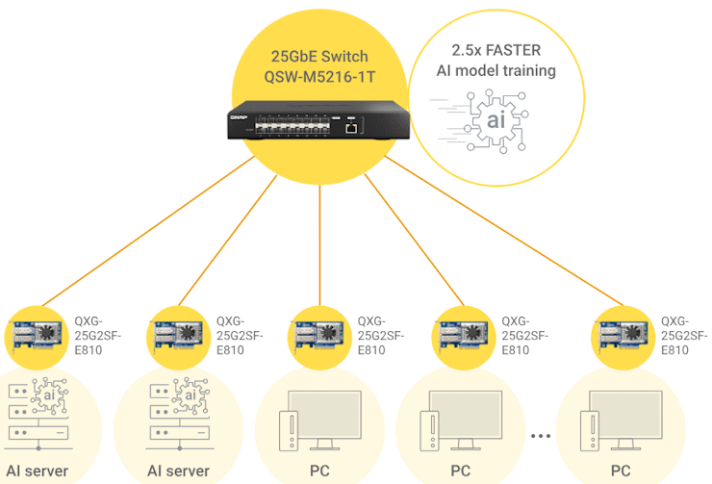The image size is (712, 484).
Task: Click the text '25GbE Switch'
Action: (319, 57)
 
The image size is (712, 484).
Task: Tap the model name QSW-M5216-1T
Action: (319, 77)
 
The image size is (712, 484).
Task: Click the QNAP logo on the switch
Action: (239, 117)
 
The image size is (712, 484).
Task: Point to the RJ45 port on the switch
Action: (351, 128)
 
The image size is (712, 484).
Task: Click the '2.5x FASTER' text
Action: (496, 50)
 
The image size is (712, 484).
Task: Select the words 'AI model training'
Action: (496, 70)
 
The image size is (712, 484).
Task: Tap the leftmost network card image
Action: (37, 335)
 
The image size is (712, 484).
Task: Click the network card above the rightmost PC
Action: (623, 335)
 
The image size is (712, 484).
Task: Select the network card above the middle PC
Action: (319, 335)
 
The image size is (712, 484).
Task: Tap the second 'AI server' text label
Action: (178, 471)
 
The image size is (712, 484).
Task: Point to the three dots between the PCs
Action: (541, 436)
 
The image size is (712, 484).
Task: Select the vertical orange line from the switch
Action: (319, 245)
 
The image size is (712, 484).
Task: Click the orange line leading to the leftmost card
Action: (148, 231)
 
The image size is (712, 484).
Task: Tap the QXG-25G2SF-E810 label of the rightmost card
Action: (684, 336)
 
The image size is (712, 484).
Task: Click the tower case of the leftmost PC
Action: (289, 431)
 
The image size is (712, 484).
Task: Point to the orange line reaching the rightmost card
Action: (504, 230)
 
